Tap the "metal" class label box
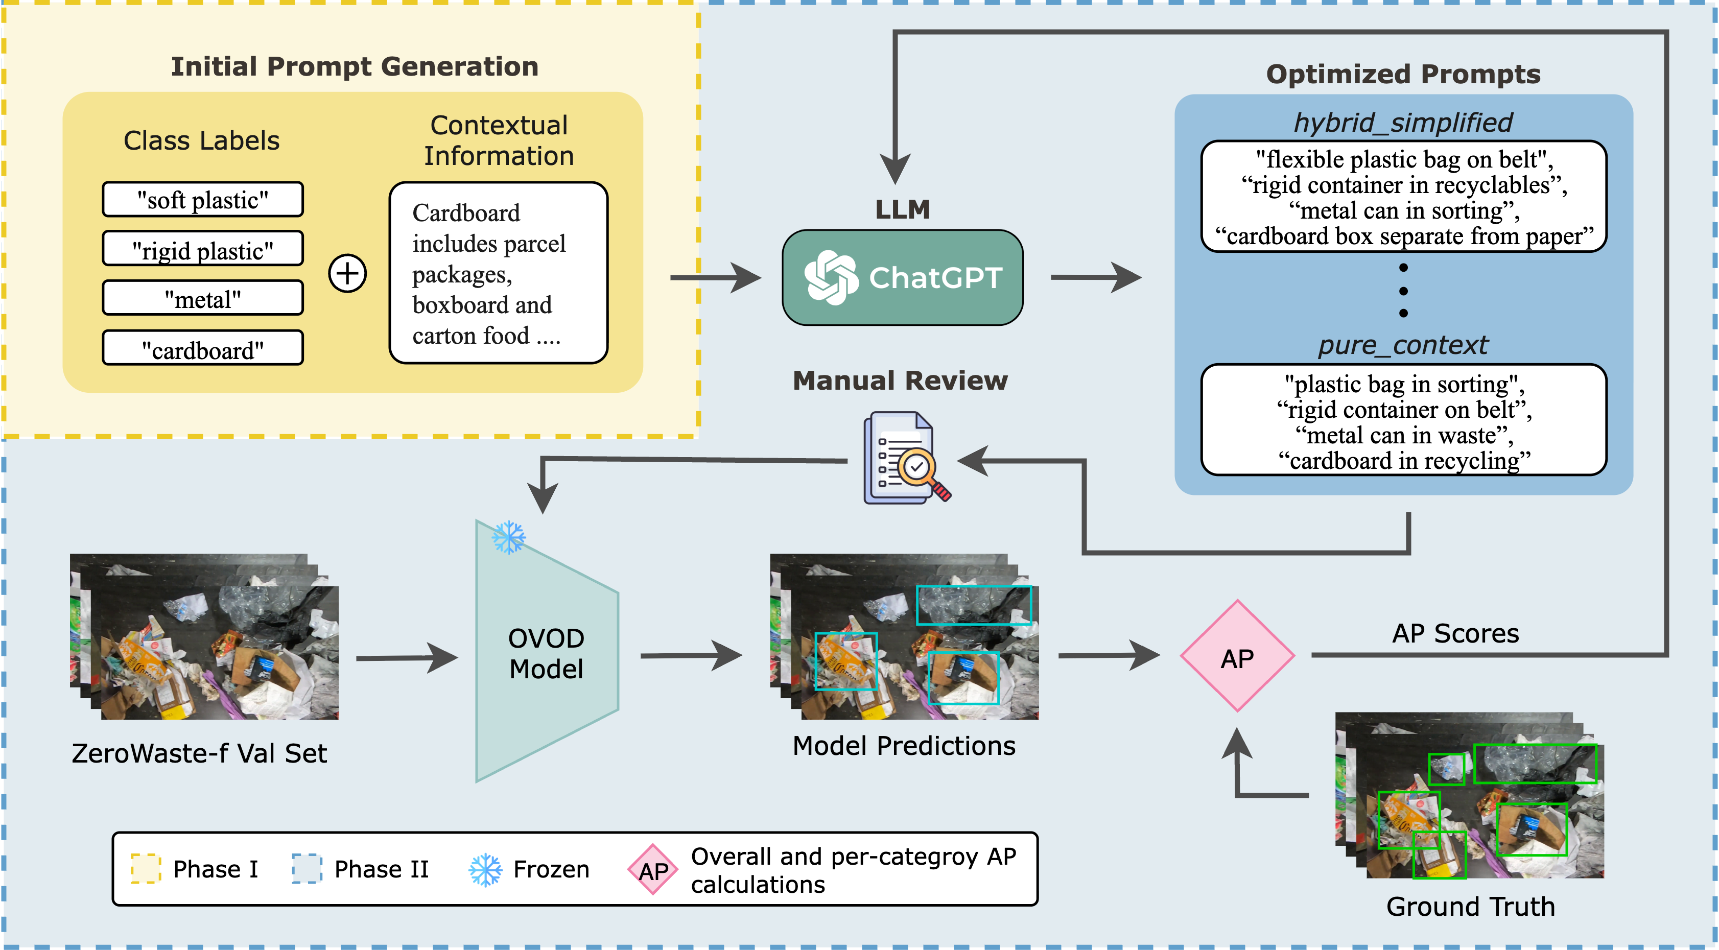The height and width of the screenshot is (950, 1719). [202, 298]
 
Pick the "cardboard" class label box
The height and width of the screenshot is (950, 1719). [202, 348]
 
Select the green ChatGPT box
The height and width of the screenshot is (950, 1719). [902, 277]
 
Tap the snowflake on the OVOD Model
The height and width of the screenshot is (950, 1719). [508, 537]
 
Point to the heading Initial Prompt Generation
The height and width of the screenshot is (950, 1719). [355, 67]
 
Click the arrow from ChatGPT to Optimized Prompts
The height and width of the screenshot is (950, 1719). [1094, 277]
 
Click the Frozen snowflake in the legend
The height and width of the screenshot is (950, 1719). [485, 869]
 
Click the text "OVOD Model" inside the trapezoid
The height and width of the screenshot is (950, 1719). [546, 654]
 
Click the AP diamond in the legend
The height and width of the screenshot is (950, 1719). [653, 869]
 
